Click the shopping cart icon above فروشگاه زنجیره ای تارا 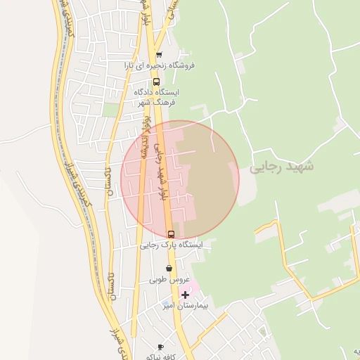point(159,55)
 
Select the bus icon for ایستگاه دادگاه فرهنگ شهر point(156,81)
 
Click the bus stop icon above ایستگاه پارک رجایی point(170,234)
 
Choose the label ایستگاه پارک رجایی point(170,245)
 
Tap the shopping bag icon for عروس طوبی point(169,268)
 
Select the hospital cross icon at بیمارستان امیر point(185,295)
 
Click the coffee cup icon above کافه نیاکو point(160,347)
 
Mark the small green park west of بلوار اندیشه point(110,110)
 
